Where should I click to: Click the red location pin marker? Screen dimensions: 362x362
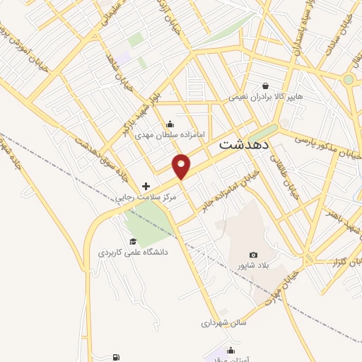[x=182, y=165]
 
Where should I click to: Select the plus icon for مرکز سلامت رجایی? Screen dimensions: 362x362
[x=146, y=186]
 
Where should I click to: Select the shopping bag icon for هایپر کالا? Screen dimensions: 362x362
[x=265, y=85]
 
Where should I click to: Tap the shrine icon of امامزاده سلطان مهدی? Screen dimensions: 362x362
[x=169, y=124]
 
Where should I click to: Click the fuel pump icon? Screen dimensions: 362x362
[x=116, y=358]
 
